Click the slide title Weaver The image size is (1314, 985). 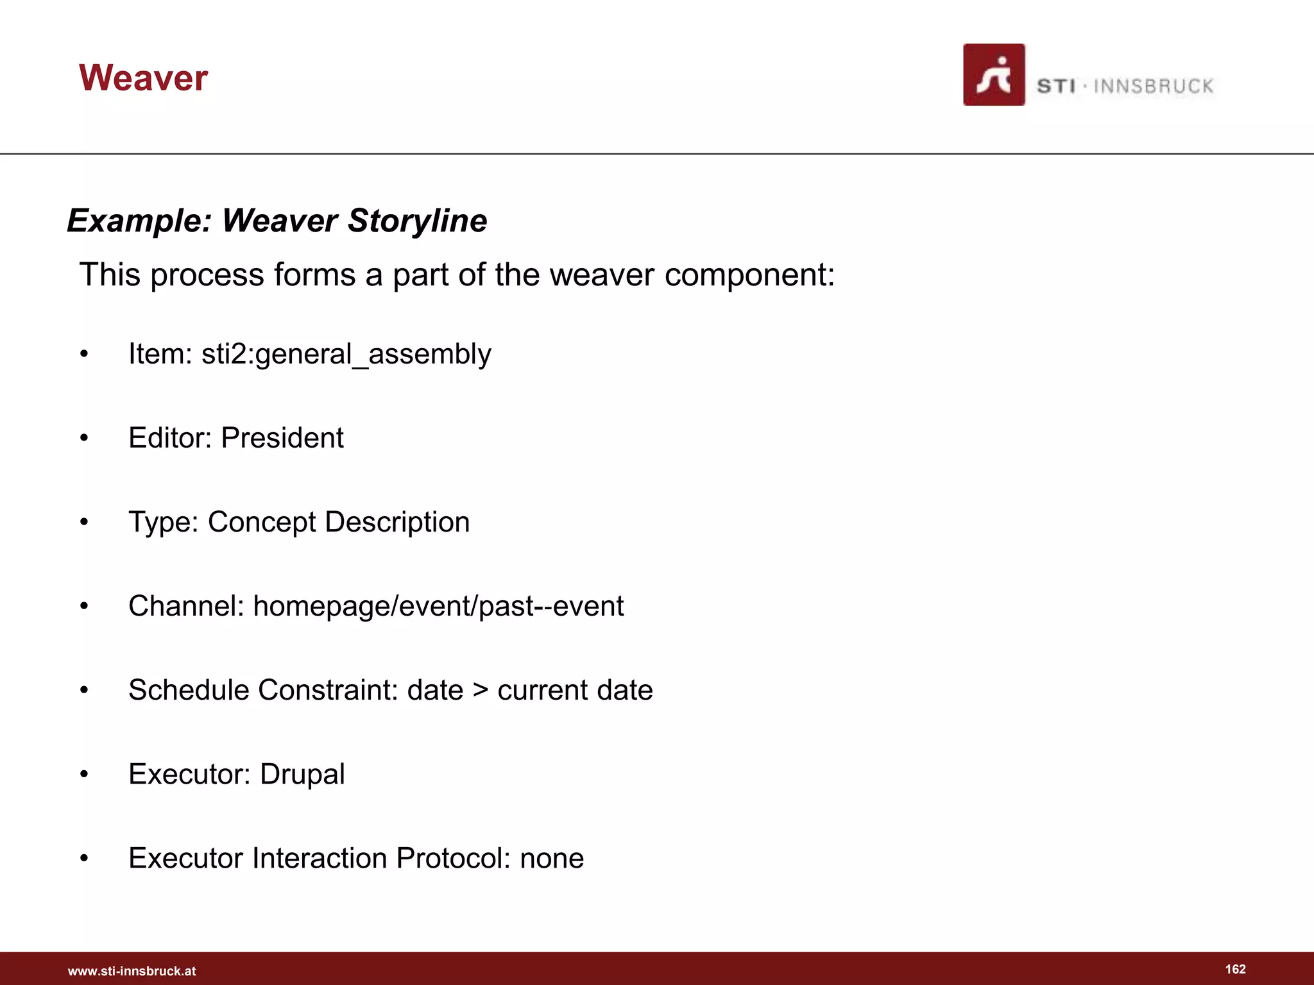pos(143,78)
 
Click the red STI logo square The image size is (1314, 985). pos(994,75)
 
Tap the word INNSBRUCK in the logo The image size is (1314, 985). pos(1153,87)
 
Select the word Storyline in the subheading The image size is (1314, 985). pos(417,221)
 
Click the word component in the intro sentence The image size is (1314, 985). pos(749,275)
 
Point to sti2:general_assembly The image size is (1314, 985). pos(346,354)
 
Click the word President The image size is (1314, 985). pos(282,438)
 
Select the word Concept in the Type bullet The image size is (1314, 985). pos(262,523)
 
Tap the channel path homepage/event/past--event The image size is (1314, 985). pos(438,606)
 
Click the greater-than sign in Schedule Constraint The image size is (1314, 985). pos(480,691)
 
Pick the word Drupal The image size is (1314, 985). pos(302,775)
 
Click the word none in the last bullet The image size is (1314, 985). pos(552,859)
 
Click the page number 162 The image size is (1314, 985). pos(1235,969)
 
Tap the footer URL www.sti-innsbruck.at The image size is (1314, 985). pos(132,971)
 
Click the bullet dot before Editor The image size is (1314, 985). pos(84,439)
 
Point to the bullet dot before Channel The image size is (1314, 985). pos(84,607)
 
